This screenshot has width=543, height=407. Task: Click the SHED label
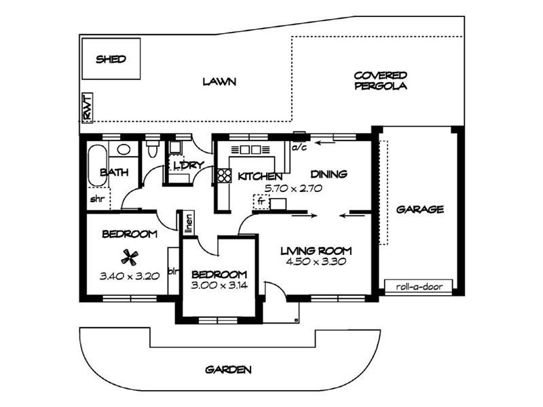(110, 59)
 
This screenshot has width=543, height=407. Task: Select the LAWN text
(219, 82)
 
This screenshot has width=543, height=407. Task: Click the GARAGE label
(420, 209)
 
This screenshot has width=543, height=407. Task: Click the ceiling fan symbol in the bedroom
(129, 256)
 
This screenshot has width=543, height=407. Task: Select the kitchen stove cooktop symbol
(224, 176)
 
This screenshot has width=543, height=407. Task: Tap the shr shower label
(96, 199)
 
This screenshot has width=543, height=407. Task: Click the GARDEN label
(229, 370)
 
